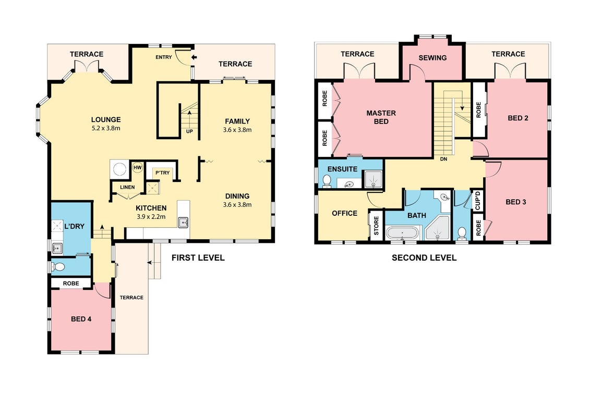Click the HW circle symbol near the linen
pos(138,167)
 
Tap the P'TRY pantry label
pos(163,173)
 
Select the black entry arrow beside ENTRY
pos(194,57)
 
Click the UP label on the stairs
pos(189,131)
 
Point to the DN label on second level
pos(443,159)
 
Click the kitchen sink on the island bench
pos(183,222)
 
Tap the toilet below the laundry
pos(58,267)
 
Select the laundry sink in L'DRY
pos(57,248)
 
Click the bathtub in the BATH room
pos(402,233)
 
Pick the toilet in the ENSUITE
pos(327,181)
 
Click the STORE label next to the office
pos(376,226)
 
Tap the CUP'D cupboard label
pos(477,201)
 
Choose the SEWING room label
pos(432,58)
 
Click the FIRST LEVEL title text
pos(198,257)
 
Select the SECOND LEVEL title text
pos(424,257)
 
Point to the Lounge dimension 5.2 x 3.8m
pos(106,128)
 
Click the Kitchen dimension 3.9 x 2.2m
pos(151,217)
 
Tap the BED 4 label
pos(81,319)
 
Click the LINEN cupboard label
pos(128,187)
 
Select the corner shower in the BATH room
pos(438,228)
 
